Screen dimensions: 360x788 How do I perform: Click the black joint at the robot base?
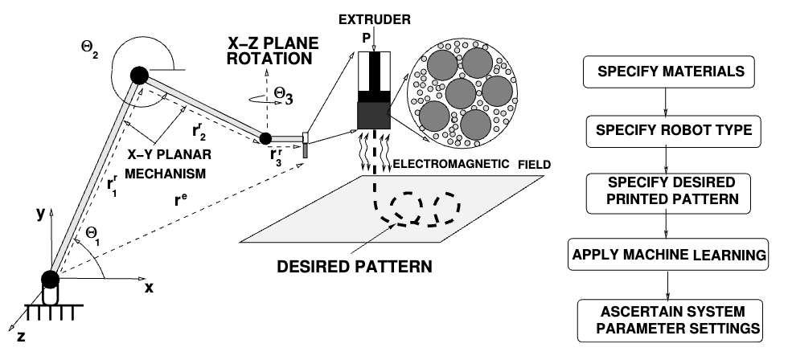click(x=50, y=280)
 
